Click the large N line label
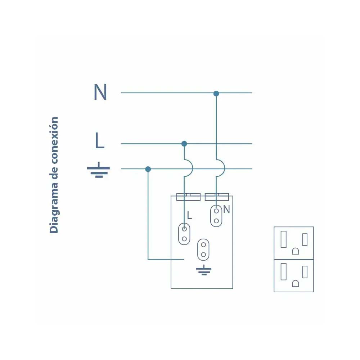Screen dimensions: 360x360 click(x=100, y=93)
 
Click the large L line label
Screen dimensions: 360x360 click(x=99, y=141)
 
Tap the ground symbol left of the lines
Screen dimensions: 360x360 click(x=98, y=171)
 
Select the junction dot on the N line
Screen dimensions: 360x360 click(x=216, y=94)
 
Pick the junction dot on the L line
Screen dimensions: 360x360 click(x=184, y=144)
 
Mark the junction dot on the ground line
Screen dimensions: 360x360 click(x=148, y=169)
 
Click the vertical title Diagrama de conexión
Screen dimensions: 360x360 click(x=54, y=175)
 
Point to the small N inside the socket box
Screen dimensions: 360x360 click(x=226, y=210)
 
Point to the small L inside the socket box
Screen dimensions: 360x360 click(x=189, y=216)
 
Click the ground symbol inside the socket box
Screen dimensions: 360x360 click(x=203, y=270)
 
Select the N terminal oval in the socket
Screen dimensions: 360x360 click(x=216, y=216)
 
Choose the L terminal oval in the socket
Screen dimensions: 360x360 click(x=184, y=234)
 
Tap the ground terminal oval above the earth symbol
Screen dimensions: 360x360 click(x=203, y=249)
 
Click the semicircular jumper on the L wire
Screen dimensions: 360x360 click(x=189, y=167)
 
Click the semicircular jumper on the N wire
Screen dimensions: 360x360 click(x=221, y=167)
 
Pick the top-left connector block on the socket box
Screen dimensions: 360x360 click(x=188, y=197)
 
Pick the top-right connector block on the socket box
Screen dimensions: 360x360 click(x=217, y=197)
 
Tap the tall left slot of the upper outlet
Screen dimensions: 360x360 click(x=284, y=239)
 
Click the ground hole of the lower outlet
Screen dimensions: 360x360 click(x=295, y=283)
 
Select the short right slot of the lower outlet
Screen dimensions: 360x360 click(x=305, y=272)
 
